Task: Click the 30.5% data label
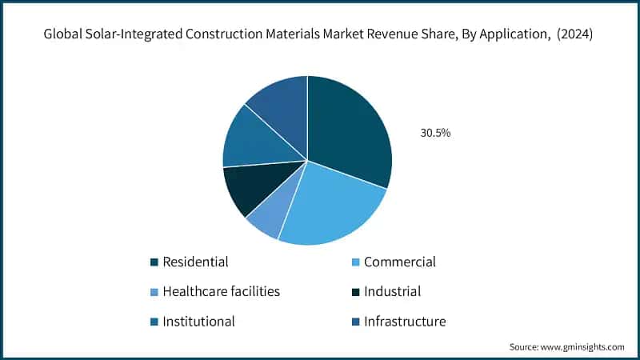click(435, 133)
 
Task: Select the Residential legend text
click(195, 262)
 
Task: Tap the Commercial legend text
click(399, 262)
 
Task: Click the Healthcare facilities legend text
click(221, 292)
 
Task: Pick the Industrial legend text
click(392, 292)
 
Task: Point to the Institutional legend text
click(198, 322)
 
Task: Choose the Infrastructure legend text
click(404, 322)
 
